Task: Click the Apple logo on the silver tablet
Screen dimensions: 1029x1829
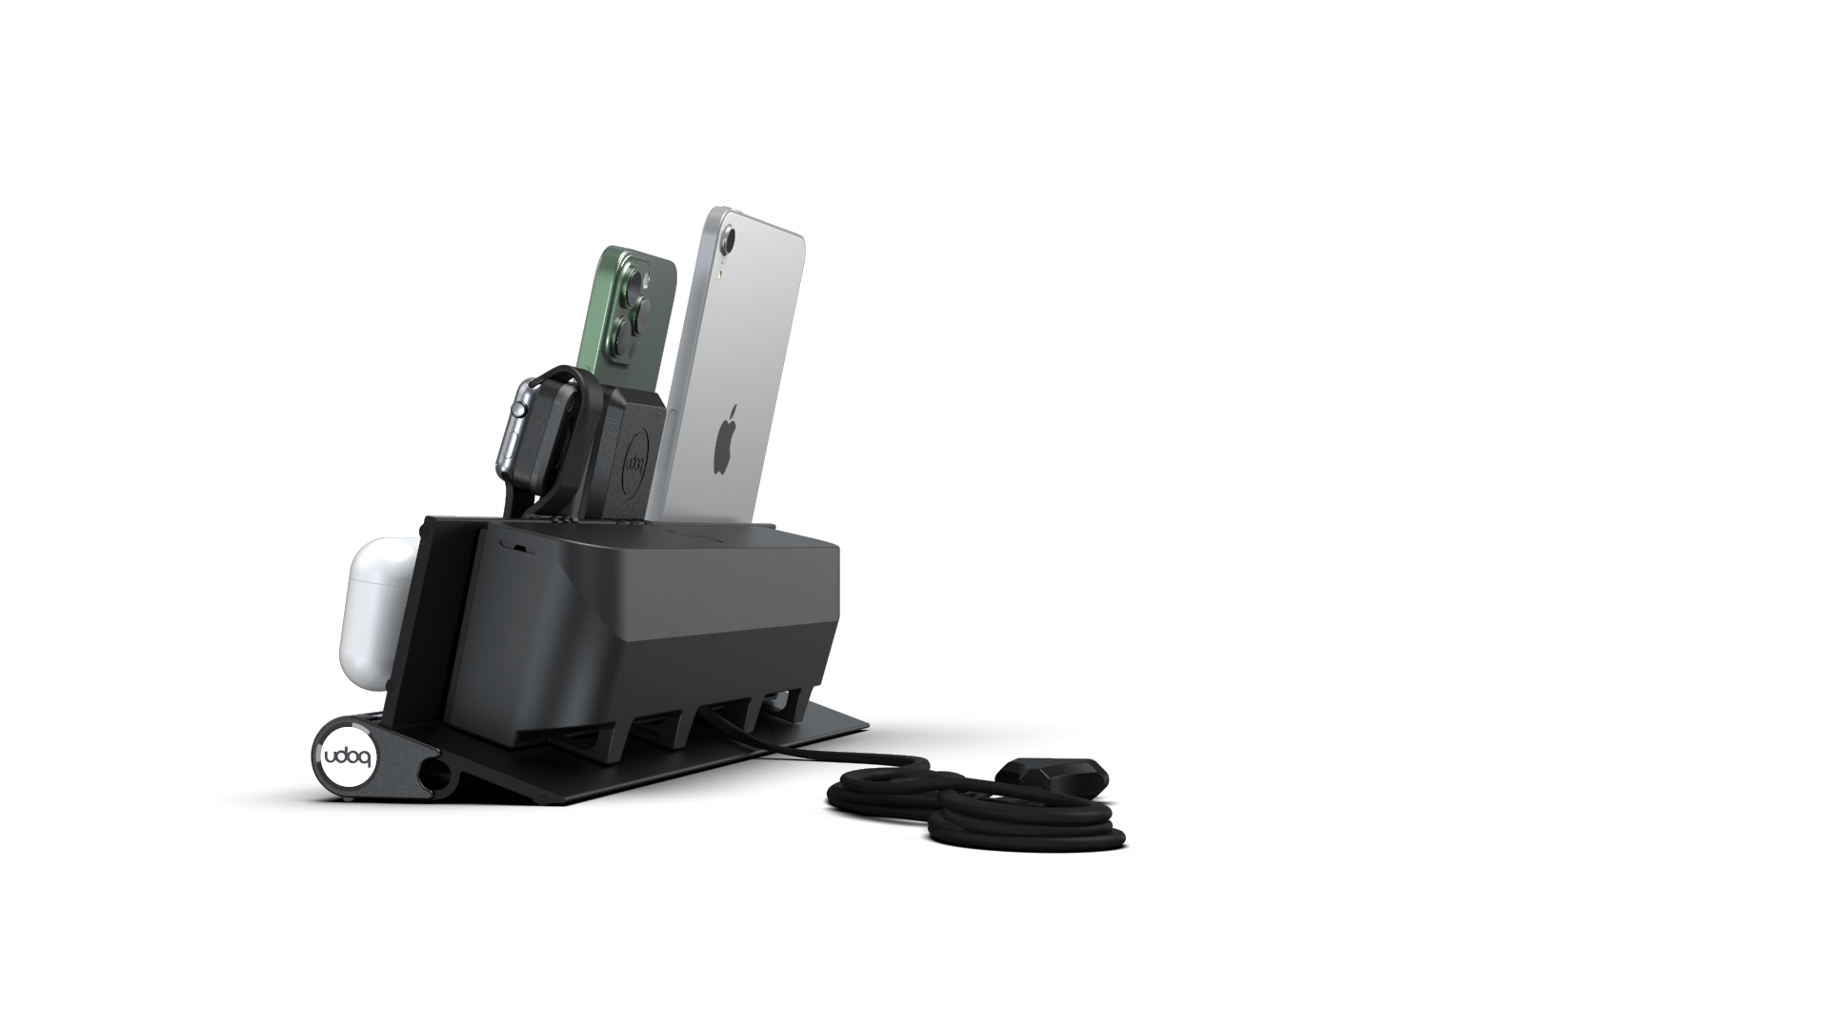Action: point(727,439)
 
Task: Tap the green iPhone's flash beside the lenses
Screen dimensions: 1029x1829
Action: point(652,280)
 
